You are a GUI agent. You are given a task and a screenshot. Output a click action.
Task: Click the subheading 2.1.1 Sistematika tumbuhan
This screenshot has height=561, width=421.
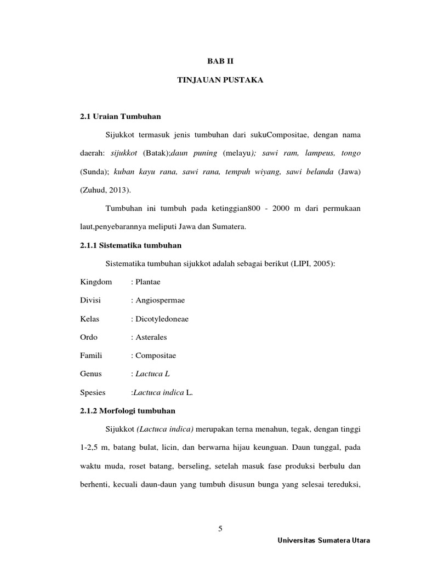coord(130,245)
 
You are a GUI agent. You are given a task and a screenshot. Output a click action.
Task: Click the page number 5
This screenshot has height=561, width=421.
coord(220,529)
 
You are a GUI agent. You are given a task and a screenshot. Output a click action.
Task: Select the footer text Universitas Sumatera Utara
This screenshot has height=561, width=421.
coord(324,540)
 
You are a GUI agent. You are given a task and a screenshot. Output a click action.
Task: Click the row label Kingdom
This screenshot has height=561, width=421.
coord(95,282)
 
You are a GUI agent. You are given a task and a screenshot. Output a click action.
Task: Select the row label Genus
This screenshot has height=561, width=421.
coord(90,374)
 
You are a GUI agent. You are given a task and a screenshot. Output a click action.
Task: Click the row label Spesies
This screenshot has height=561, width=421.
coord(93,393)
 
